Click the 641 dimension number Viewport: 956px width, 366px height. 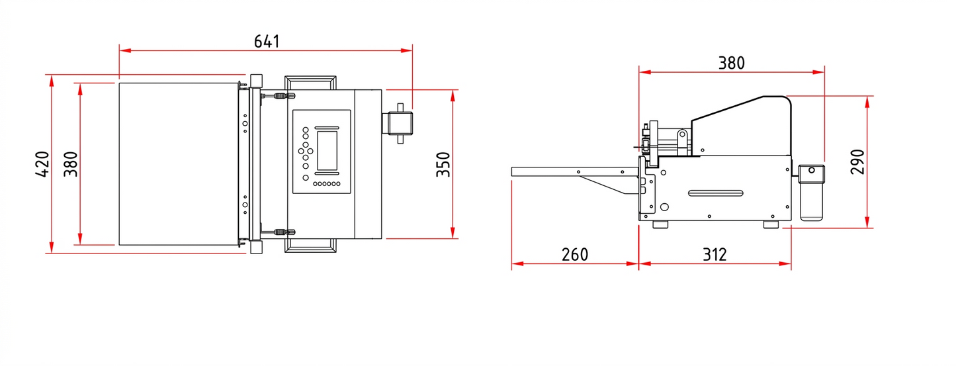point(267,41)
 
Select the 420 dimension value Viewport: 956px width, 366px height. point(42,163)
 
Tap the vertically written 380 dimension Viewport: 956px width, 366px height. point(71,163)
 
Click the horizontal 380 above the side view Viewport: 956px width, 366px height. point(731,63)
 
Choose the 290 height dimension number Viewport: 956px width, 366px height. point(857,161)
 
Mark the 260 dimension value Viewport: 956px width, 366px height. point(574,254)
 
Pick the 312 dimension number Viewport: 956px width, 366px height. point(715,254)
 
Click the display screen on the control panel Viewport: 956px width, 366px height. point(327,150)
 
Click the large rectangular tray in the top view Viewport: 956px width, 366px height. point(177,163)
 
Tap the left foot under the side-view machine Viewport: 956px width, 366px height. point(660,224)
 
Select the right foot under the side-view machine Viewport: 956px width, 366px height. point(771,224)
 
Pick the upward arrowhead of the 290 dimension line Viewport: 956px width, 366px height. point(867,101)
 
